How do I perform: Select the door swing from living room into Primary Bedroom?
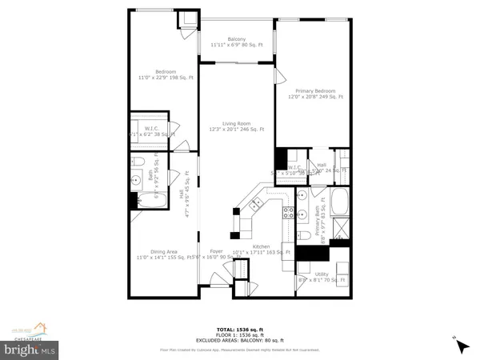[279, 76]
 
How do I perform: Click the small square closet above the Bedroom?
[188, 20]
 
